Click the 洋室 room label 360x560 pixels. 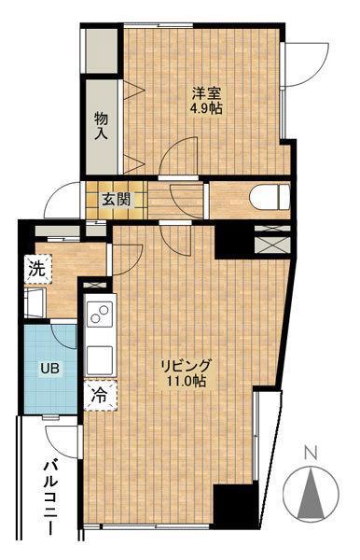(207, 93)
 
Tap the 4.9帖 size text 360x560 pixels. (206, 107)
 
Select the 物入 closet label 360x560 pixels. (101, 126)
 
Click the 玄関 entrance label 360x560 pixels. (117, 200)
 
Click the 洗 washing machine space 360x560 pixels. (38, 269)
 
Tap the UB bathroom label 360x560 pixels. (50, 368)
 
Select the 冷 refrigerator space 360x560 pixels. (100, 396)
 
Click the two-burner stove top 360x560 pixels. (100, 313)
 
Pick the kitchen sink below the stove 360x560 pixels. (100, 360)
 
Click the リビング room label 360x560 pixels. (186, 366)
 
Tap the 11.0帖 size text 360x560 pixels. (187, 381)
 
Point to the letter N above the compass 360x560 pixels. (312, 454)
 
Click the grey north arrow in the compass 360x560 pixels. (312, 494)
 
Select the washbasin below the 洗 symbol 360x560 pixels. (35, 302)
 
